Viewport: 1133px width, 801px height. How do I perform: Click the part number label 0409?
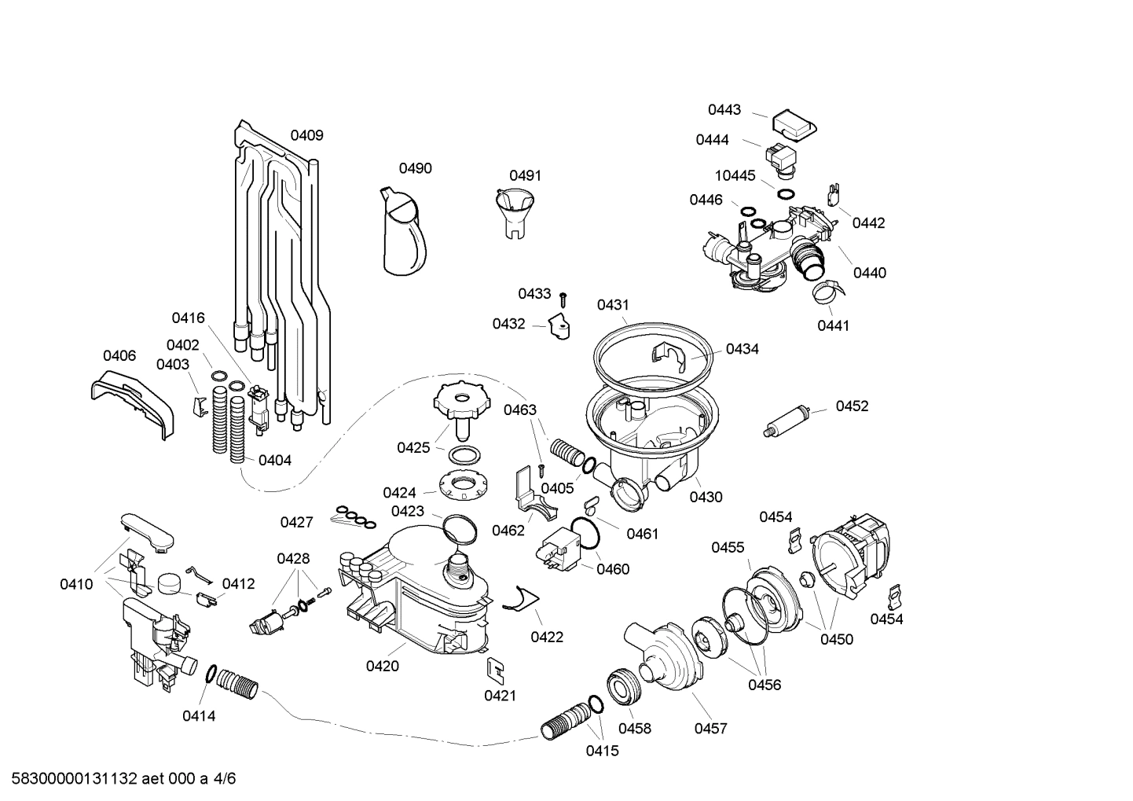point(306,135)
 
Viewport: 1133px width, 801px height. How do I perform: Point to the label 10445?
point(735,176)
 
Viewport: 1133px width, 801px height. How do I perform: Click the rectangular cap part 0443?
point(793,123)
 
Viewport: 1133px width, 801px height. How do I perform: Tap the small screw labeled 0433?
point(563,298)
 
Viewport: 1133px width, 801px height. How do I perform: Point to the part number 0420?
point(382,667)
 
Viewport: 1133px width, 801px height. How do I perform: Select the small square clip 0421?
point(495,669)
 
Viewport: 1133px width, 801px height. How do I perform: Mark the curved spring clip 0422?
point(518,599)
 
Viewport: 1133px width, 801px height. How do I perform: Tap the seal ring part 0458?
point(625,687)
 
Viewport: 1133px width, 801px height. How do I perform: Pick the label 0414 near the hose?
point(199,715)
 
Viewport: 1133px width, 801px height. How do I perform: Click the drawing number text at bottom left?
point(119,779)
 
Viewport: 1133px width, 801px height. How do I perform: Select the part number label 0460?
point(613,569)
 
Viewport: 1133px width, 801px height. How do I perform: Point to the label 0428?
point(293,559)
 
